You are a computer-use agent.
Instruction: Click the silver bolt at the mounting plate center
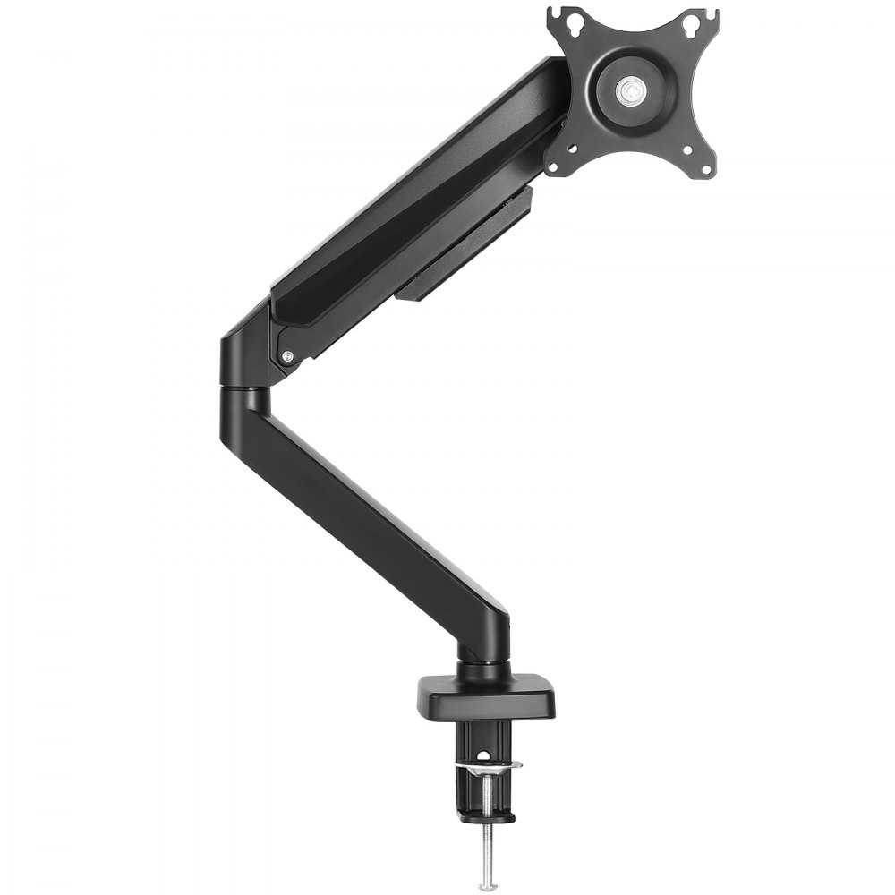point(633,89)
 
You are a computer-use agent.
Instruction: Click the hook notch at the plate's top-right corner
point(713,13)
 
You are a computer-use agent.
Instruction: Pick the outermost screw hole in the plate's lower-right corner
point(707,168)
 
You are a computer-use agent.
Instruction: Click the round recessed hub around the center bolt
point(633,89)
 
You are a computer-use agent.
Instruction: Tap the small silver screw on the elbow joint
point(287,356)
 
